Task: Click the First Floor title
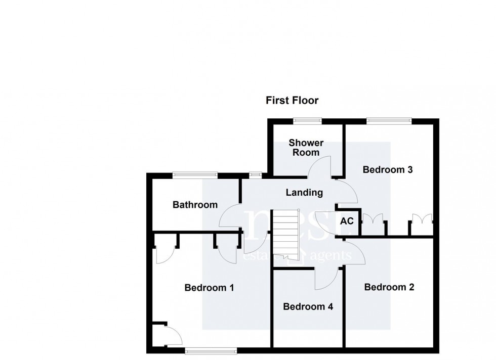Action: (x=292, y=100)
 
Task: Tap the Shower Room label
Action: (x=306, y=148)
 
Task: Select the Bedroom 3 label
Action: (x=388, y=170)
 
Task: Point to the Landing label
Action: (x=304, y=193)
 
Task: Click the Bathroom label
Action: (x=195, y=205)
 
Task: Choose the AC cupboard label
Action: (x=347, y=221)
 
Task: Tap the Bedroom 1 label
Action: (x=209, y=288)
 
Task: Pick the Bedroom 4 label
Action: (x=308, y=306)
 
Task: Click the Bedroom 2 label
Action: (x=389, y=287)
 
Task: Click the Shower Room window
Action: (x=307, y=120)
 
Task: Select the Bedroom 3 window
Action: (x=389, y=120)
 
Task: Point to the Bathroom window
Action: (x=195, y=174)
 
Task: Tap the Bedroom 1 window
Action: (x=211, y=350)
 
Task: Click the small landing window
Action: (x=255, y=174)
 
